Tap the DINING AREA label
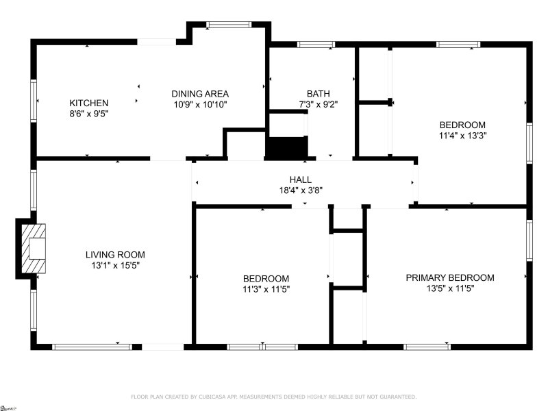[199, 94]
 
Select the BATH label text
[318, 94]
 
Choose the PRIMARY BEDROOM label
[449, 277]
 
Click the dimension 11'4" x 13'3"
[462, 136]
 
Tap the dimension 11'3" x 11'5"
[266, 289]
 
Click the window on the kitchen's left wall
[33, 101]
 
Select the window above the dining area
[229, 25]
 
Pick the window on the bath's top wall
[316, 45]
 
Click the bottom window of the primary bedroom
[427, 347]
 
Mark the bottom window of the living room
[92, 347]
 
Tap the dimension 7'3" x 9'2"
[318, 105]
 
